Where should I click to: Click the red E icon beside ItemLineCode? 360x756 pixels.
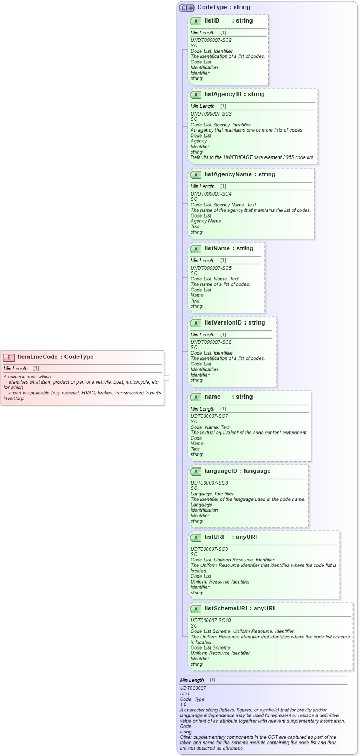(9, 357)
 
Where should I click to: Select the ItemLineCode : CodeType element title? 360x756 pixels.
(55, 357)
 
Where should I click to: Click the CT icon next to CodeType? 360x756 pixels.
(186, 8)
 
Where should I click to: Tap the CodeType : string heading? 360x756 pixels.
(224, 8)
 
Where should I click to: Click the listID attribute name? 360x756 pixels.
(212, 20)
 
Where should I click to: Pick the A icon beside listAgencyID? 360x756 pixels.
(196, 95)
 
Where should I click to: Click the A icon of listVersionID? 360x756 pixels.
(196, 323)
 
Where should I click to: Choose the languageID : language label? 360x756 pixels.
(237, 471)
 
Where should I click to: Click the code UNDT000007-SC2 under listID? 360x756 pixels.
(211, 40)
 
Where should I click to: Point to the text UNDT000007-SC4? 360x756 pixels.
(211, 194)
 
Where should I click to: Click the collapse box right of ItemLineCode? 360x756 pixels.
(167, 378)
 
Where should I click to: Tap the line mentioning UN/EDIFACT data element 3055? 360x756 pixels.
(252, 157)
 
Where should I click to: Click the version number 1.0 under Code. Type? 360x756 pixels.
(183, 704)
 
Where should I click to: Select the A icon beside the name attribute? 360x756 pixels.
(196, 397)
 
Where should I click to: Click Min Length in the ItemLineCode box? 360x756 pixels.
(16, 369)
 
